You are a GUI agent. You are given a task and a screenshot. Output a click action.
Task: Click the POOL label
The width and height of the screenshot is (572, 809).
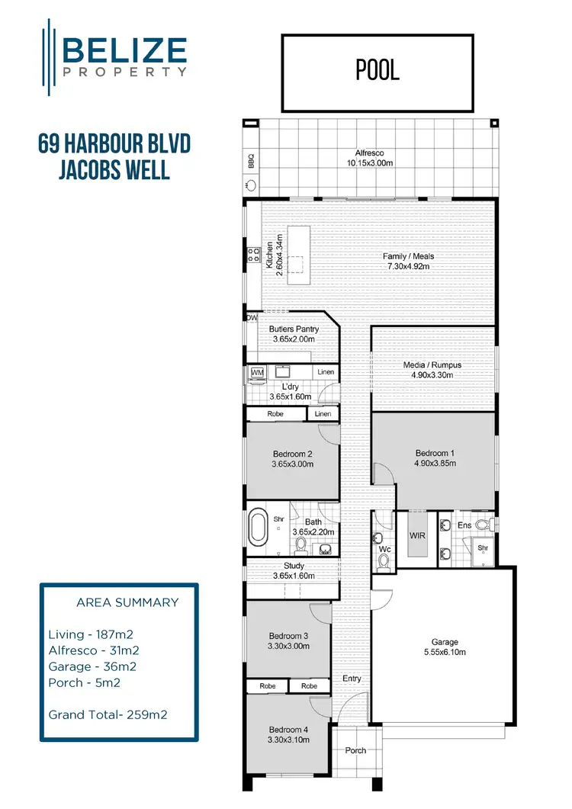pos(378,70)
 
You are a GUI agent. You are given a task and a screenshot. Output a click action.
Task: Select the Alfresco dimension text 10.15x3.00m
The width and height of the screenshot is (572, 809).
pos(369,162)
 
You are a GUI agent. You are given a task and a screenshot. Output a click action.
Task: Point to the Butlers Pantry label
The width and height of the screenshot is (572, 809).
pos(294,329)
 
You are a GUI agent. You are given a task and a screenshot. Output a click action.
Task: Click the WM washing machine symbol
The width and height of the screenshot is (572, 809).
pos(257,373)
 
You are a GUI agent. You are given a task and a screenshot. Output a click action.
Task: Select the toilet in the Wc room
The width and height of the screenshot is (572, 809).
pos(384,561)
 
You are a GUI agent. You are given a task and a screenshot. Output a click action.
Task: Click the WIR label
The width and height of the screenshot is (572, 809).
pos(417,535)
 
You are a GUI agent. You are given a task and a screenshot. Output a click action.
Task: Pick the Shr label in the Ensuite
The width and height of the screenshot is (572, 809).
pos(482,547)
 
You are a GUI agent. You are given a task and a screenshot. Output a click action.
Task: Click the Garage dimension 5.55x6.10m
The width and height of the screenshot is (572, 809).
pos(445,652)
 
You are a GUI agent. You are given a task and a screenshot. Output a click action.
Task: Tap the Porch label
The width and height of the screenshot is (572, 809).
pos(355,750)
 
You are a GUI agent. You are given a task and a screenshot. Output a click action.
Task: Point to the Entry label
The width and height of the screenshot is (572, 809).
pos(352,679)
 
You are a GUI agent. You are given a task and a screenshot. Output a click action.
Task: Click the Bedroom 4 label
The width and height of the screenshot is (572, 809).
pos(288,728)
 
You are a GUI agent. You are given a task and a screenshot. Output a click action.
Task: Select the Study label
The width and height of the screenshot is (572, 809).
pos(294,566)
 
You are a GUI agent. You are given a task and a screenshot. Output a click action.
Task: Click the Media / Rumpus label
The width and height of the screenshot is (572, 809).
pos(432,365)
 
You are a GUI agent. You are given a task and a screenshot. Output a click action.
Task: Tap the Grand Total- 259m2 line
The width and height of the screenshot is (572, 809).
pos(108,714)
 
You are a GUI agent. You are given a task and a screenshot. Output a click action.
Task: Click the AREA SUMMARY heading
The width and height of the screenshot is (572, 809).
pos(127,602)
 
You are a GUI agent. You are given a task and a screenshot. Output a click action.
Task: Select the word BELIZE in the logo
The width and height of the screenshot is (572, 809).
pos(125,50)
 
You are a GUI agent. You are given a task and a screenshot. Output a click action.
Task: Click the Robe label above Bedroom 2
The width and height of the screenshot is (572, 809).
pos(275,413)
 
